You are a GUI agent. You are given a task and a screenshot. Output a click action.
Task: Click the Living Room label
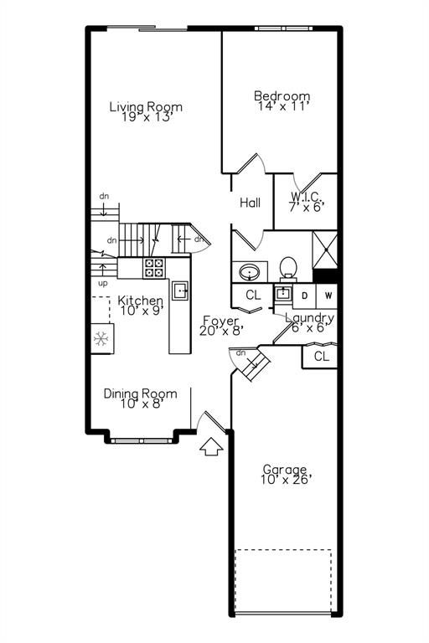click(146, 107)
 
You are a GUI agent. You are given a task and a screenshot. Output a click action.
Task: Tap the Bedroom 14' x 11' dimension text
click(283, 106)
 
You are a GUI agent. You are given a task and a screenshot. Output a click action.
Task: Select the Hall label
click(250, 202)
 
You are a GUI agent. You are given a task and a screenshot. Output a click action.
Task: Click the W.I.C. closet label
click(307, 197)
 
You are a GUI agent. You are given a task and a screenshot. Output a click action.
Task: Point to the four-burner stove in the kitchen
click(154, 268)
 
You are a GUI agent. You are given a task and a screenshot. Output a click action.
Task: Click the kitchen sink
click(180, 291)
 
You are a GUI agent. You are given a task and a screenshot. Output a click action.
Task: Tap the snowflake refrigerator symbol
click(101, 339)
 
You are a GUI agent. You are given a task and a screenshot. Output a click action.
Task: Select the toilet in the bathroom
click(288, 269)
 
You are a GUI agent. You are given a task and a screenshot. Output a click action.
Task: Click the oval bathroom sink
click(250, 272)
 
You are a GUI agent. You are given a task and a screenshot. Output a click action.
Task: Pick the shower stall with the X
click(325, 249)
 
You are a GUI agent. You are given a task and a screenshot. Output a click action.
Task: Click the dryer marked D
click(305, 296)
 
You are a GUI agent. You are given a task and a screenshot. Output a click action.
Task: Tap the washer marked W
click(328, 296)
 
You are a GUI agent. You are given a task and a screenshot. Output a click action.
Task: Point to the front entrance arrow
click(211, 445)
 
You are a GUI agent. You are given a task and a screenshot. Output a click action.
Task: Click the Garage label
click(285, 469)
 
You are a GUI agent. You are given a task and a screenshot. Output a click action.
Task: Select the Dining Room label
click(141, 394)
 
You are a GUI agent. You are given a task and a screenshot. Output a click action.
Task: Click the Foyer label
click(221, 321)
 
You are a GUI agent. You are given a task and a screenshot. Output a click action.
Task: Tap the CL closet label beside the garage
click(322, 357)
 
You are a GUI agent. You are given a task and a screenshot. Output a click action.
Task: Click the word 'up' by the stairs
click(103, 284)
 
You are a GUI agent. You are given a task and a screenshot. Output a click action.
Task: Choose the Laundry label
click(309, 318)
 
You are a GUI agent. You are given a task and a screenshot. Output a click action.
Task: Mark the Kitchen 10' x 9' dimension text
click(142, 311)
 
